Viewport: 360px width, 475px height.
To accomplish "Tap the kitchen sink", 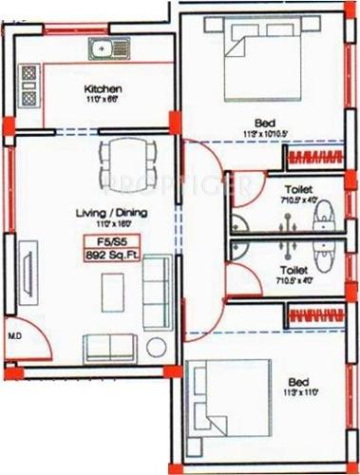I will tap(102, 47).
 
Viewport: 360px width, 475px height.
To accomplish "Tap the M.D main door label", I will tap(15, 335).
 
